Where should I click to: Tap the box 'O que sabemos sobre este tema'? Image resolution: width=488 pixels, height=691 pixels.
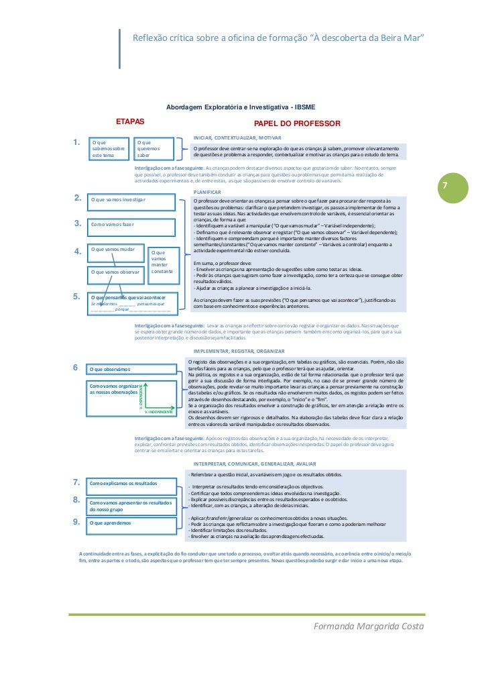click(109, 148)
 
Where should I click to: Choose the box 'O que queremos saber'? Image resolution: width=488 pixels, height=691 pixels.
click(153, 148)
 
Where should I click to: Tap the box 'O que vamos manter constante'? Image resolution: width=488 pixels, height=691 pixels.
click(162, 262)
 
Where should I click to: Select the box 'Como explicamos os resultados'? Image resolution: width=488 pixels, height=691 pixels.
click(130, 482)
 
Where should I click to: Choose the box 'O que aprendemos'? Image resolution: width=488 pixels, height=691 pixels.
click(130, 522)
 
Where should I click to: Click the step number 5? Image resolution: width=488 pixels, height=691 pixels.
click(77, 295)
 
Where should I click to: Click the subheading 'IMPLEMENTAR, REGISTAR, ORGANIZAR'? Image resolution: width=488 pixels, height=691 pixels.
click(239, 350)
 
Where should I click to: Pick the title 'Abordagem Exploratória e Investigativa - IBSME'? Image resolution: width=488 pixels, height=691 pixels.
click(241, 107)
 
